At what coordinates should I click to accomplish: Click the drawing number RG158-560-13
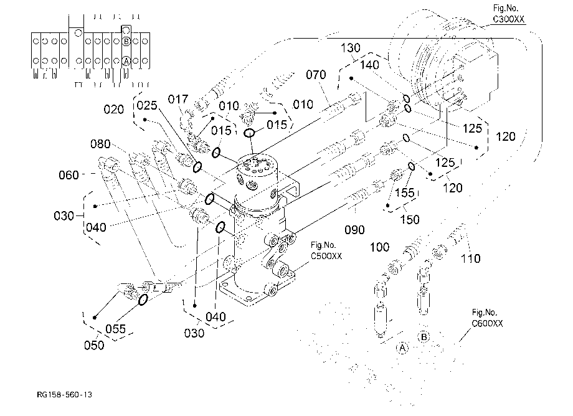point(64,394)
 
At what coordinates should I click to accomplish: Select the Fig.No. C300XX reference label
point(508,14)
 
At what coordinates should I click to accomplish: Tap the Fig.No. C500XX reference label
point(326,250)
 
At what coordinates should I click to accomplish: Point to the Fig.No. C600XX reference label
point(487,318)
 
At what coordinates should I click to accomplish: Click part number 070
point(316,75)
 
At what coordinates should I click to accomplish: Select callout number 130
point(351,48)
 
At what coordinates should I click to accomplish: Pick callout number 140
point(369,65)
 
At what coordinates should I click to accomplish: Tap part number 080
point(100,144)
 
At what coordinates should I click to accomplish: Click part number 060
point(69,175)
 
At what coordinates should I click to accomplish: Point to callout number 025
point(147,105)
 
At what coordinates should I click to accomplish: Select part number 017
point(178,99)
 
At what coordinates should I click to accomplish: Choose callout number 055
point(115,329)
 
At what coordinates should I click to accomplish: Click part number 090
point(354,230)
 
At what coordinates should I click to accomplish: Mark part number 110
point(470,258)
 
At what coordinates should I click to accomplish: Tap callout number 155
point(405,192)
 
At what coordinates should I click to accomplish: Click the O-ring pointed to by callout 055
point(143,300)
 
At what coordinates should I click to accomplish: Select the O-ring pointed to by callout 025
point(197,167)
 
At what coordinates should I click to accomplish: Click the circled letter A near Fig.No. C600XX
point(402,347)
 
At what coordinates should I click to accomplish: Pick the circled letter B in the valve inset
point(126,41)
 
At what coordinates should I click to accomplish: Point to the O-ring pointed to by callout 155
point(412,166)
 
